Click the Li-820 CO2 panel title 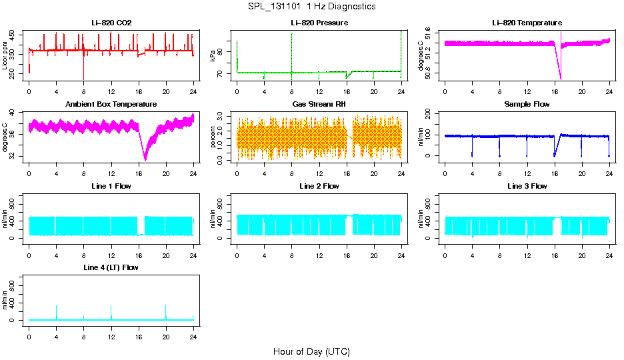click(x=111, y=23)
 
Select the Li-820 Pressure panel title click(x=319, y=23)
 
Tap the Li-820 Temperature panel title click(x=527, y=23)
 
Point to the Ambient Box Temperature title click(x=111, y=105)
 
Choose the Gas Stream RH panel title click(x=319, y=105)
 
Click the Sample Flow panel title click(x=527, y=105)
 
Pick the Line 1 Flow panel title click(x=111, y=186)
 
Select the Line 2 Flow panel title click(x=319, y=186)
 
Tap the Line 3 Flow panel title click(x=527, y=186)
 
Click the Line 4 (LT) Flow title click(x=111, y=267)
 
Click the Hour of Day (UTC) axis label click(x=311, y=351)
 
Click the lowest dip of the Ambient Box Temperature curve click(x=145, y=159)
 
